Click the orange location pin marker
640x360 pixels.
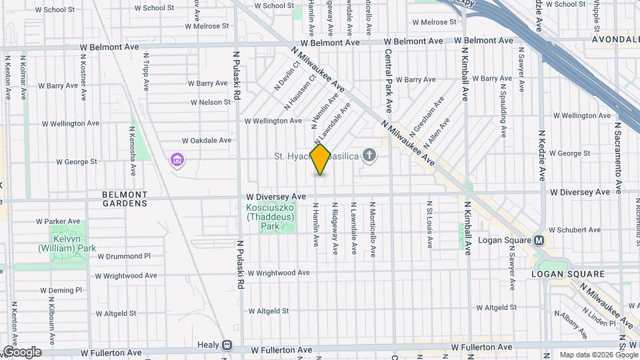(320, 159)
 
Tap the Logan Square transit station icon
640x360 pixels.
(539, 241)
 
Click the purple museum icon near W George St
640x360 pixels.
(177, 160)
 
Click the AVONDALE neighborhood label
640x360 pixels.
(615, 39)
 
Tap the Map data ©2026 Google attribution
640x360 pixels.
(599, 355)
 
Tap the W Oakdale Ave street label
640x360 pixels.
(207, 141)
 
